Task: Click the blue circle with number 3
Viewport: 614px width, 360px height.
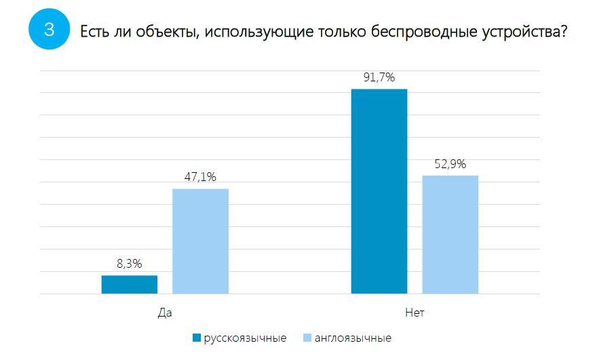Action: (x=50, y=30)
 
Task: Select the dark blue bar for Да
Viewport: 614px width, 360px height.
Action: (x=130, y=285)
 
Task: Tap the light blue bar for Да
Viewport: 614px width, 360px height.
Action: (x=200, y=241)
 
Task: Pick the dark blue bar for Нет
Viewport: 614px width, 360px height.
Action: (x=379, y=192)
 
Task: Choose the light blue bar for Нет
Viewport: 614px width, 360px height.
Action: (x=450, y=235)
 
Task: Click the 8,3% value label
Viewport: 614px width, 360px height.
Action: (x=129, y=264)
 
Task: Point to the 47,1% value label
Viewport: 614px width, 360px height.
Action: (x=200, y=178)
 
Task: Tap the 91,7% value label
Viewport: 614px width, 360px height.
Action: (x=379, y=78)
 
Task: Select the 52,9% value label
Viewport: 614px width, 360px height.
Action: (x=450, y=164)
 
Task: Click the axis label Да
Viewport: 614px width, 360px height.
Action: (x=165, y=313)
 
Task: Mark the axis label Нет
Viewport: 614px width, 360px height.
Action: (x=415, y=313)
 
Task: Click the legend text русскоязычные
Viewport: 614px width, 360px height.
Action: (x=245, y=338)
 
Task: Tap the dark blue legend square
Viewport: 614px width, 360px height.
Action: (x=197, y=338)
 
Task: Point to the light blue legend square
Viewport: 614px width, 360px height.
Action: (x=307, y=338)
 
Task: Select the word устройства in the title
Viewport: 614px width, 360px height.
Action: (x=518, y=31)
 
